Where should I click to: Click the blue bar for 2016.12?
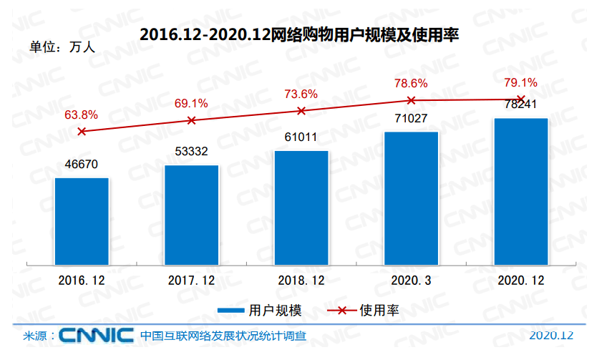tap(82, 220)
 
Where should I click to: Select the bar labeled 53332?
tap(191, 215)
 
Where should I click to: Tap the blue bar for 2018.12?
tap(301, 208)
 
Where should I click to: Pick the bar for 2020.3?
tap(411, 198)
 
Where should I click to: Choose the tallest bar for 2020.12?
tap(521, 190)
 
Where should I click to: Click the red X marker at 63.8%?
tap(82, 132)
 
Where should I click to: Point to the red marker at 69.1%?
tap(191, 120)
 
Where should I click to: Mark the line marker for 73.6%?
tap(301, 111)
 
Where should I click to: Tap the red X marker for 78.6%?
tap(411, 100)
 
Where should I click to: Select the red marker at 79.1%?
tap(521, 99)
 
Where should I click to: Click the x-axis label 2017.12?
tap(191, 281)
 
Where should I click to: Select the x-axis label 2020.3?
tap(411, 281)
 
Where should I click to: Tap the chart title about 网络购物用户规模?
tap(299, 34)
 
